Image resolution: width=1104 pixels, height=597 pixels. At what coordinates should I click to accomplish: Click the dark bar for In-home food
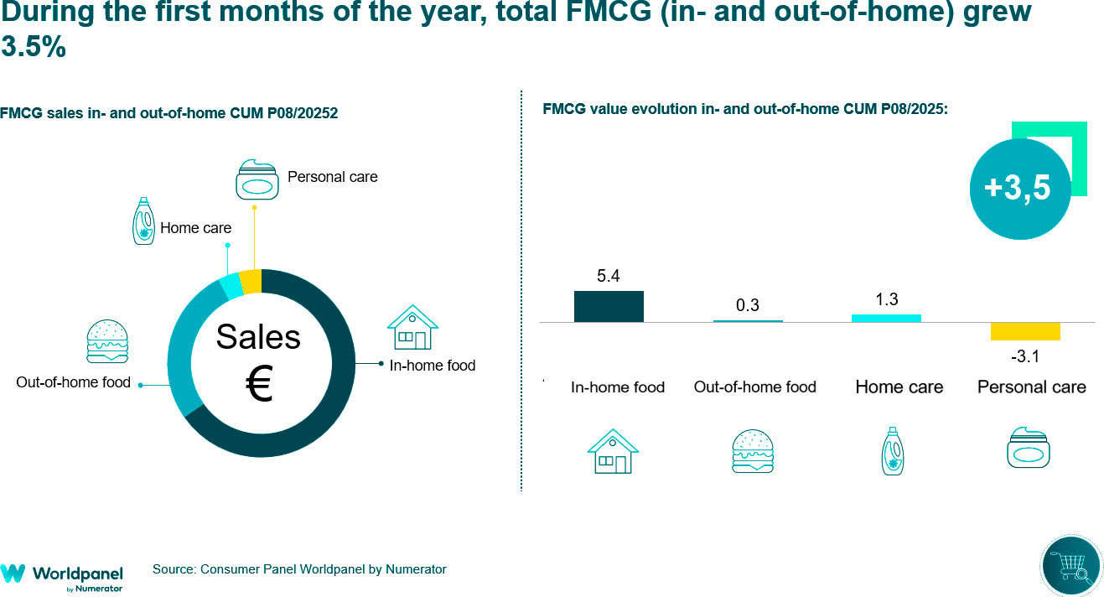(x=609, y=306)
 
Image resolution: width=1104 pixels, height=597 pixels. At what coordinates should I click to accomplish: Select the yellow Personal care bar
(x=1025, y=331)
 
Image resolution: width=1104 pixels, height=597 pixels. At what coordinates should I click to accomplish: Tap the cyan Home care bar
(x=886, y=318)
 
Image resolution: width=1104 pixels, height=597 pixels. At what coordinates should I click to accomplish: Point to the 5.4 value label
(x=609, y=276)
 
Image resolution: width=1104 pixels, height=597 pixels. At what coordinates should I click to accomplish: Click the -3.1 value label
(x=1024, y=357)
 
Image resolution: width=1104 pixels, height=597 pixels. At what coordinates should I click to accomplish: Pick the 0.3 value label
(x=748, y=305)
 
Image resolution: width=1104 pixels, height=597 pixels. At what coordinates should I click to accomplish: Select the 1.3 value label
(x=887, y=299)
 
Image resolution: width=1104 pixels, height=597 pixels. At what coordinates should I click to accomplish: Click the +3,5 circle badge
(x=1017, y=188)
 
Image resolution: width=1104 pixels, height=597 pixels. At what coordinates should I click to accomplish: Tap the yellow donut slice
(x=251, y=281)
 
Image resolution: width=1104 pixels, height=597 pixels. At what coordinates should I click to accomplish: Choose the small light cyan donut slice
(x=231, y=287)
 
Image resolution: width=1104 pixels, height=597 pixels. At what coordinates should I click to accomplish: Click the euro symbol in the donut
(x=259, y=385)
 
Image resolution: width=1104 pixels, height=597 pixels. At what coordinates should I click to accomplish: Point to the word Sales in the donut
(x=258, y=337)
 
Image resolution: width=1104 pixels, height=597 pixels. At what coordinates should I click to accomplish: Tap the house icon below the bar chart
(x=613, y=452)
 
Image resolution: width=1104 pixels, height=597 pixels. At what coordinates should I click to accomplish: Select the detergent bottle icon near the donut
(x=144, y=221)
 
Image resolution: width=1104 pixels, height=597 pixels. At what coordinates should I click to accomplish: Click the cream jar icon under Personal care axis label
(x=1028, y=448)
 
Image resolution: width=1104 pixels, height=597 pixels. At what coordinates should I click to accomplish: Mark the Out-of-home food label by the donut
(x=74, y=382)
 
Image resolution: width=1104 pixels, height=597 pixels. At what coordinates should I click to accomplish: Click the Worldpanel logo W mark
(x=13, y=574)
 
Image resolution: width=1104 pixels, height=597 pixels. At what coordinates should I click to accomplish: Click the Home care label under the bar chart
(x=899, y=387)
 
